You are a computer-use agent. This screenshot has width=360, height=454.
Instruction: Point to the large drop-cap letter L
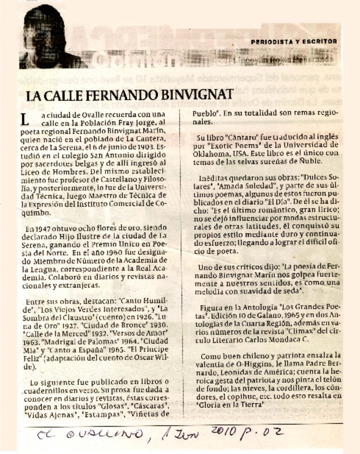tap(23, 121)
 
